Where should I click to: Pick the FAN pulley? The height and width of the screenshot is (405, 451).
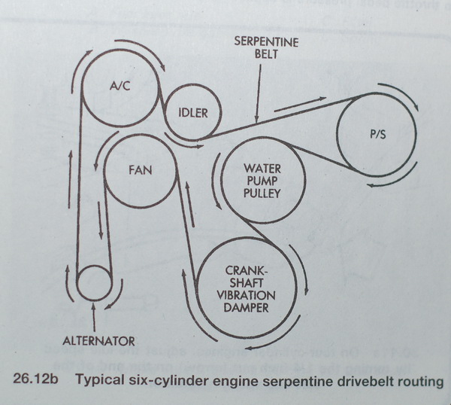[x=140, y=171]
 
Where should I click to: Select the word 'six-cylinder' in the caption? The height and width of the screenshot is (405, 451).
[x=172, y=382]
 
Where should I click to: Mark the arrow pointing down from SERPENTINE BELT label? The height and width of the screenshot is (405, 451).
[x=258, y=99]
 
